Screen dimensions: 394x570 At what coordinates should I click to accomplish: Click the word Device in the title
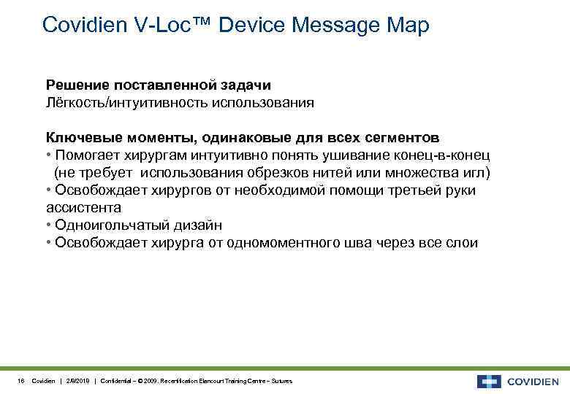coord(252,26)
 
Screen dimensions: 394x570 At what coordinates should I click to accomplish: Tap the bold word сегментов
coord(398,138)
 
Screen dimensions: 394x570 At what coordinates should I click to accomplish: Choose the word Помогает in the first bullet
coord(90,155)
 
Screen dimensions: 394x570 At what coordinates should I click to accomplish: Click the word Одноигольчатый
coord(110,225)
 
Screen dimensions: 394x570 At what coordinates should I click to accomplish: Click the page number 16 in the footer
coord(21,382)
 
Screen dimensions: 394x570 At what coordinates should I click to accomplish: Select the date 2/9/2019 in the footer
coord(77,382)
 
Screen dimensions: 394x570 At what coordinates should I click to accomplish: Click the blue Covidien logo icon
coord(489,381)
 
